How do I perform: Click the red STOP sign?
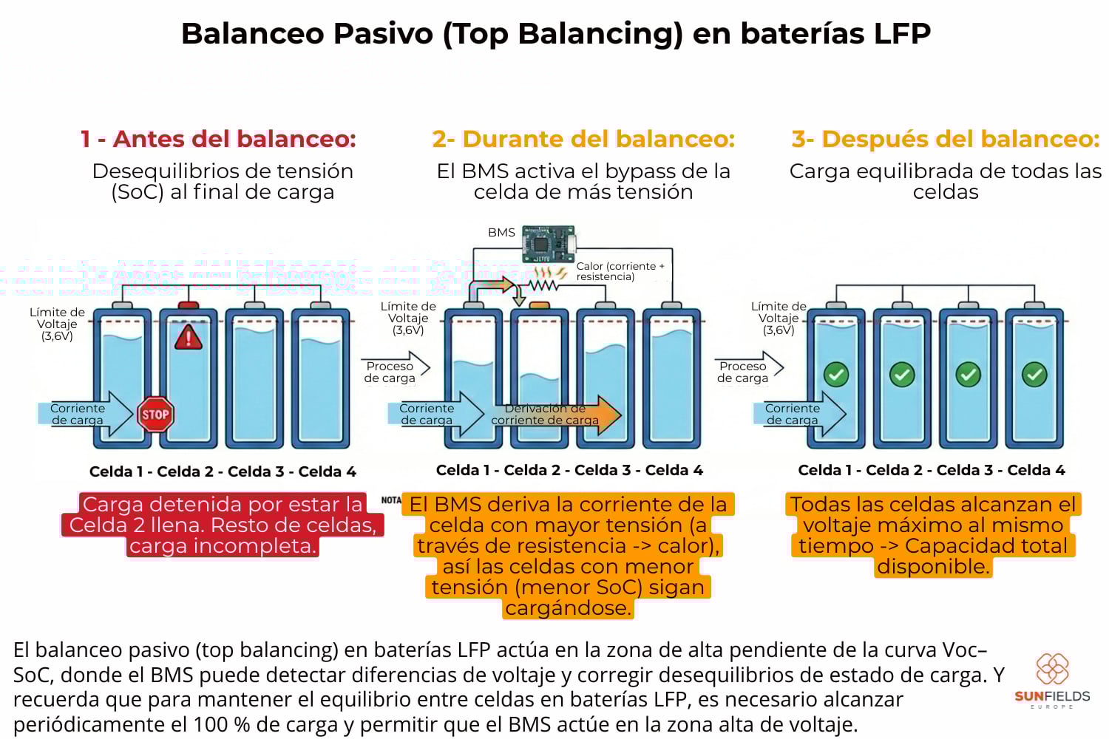(155, 415)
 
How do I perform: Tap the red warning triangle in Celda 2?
(189, 338)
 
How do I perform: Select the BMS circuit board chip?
(548, 244)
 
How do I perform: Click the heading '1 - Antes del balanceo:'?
(218, 139)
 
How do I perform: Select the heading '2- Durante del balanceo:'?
(583, 139)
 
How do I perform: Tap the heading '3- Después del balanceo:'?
(946, 139)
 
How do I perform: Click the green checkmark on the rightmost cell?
(1034, 375)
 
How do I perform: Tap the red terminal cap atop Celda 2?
(189, 305)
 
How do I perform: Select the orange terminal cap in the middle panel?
(540, 305)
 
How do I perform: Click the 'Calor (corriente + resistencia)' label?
(620, 271)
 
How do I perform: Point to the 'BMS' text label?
(501, 232)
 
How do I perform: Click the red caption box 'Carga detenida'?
(222, 525)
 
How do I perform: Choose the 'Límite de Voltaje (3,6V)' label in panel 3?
(778, 318)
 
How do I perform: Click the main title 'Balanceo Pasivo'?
(555, 33)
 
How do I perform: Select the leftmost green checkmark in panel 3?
(836, 375)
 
